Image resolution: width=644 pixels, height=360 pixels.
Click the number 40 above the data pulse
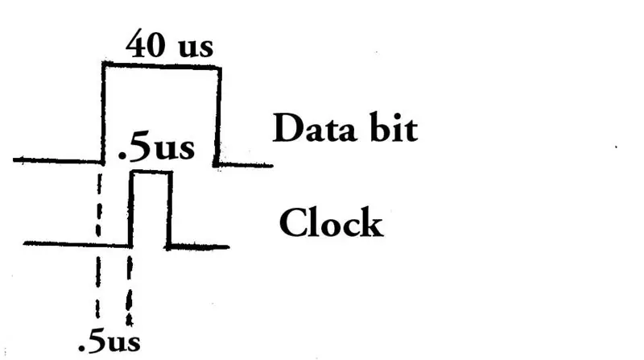tap(145, 43)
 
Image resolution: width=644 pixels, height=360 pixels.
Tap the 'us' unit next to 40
tap(196, 48)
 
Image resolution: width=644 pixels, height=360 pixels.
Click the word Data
tap(314, 128)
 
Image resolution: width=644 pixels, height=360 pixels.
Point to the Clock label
tap(331, 222)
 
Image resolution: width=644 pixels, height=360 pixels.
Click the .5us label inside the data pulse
tap(156, 148)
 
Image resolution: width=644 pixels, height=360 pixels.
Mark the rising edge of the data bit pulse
tap(103, 113)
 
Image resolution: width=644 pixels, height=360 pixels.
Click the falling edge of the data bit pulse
tap(217, 117)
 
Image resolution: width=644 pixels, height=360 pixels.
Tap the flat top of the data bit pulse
tap(163, 66)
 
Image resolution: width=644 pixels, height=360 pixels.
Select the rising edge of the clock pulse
tap(131, 209)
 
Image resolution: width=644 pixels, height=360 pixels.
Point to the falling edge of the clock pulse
tap(169, 210)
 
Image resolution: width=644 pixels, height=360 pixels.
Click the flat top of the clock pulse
tap(151, 173)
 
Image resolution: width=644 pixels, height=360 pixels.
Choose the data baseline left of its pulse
tap(57, 161)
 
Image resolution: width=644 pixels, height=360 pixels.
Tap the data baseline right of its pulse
tap(245, 165)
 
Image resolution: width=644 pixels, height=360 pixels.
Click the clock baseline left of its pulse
tap(76, 245)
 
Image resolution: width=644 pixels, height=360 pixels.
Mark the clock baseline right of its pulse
tap(198, 246)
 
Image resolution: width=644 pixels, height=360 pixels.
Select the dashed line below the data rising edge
tap(98, 246)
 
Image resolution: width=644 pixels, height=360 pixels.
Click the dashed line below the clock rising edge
tap(130, 291)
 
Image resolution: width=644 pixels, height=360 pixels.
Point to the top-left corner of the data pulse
tap(104, 64)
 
